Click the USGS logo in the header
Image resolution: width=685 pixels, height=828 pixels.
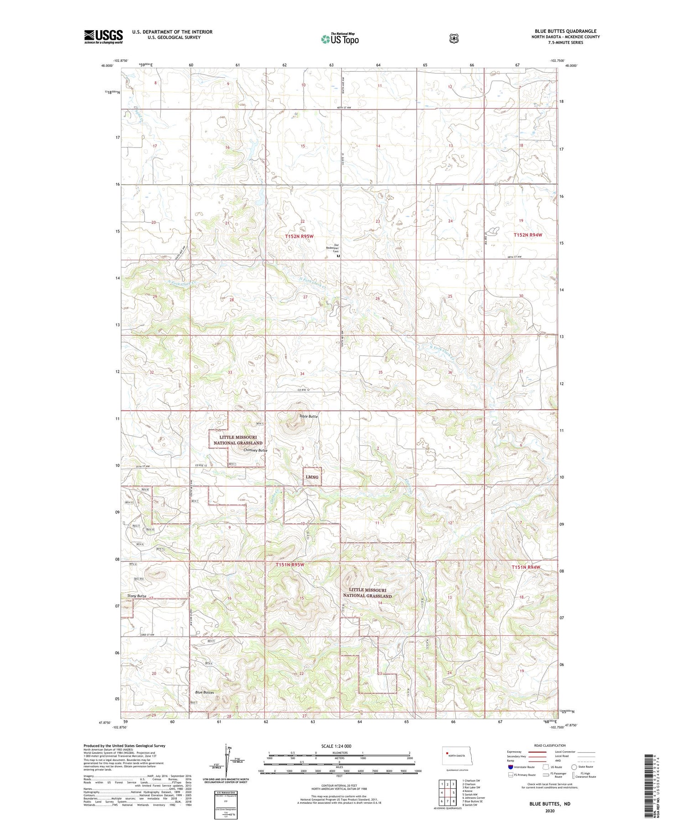103,36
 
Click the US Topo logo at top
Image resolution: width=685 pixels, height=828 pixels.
340,39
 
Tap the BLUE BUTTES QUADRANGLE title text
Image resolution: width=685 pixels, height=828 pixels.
565,31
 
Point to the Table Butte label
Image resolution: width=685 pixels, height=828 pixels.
308,416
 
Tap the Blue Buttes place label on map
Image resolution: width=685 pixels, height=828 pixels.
204,692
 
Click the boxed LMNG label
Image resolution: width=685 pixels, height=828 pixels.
312,477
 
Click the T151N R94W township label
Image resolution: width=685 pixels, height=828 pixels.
526,567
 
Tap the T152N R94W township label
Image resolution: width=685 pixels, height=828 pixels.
528,234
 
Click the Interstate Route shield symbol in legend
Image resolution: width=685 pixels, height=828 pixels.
511,767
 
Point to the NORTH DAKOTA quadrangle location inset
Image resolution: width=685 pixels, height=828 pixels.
460,756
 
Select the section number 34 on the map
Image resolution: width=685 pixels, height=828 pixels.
302,374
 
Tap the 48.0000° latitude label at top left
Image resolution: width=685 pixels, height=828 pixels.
106,66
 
